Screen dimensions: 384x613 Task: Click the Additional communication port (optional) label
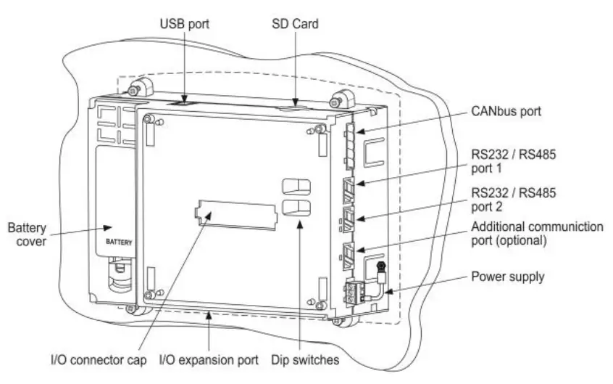click(536, 233)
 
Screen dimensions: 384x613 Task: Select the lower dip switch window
click(296, 208)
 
